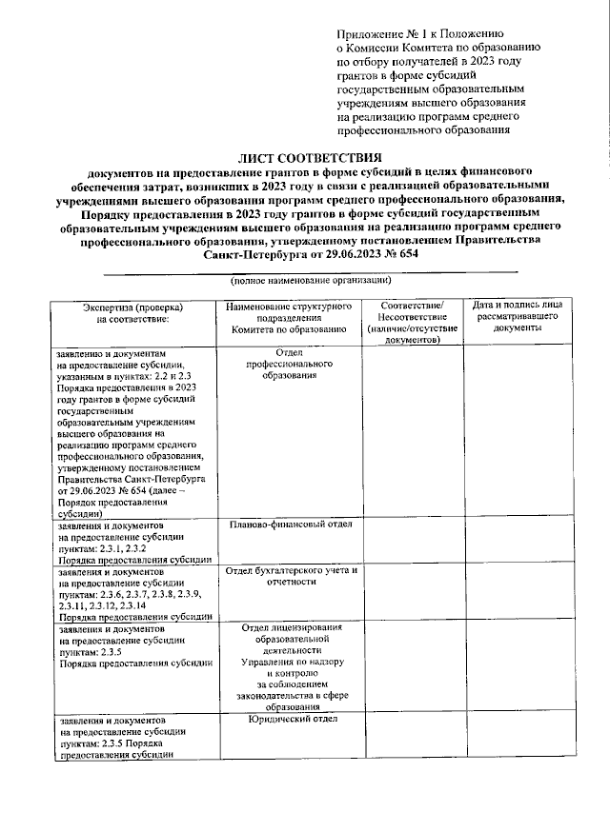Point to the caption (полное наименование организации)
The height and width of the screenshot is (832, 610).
tap(310, 282)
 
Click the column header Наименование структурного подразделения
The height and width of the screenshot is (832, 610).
tap(287, 317)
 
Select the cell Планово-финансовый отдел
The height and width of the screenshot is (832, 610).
tap(292, 525)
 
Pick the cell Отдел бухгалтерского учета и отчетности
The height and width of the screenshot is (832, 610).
tap(290, 576)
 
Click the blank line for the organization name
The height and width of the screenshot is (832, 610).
tap(310, 272)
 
